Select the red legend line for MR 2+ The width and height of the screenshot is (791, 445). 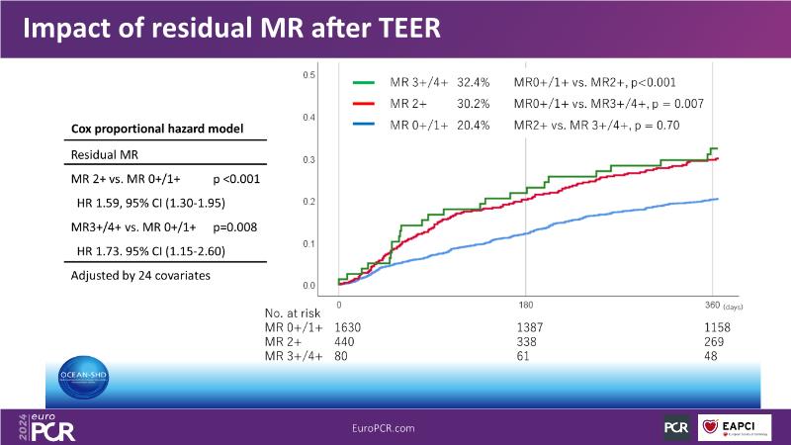[x=365, y=104]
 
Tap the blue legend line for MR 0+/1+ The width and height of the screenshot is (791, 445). [x=365, y=125]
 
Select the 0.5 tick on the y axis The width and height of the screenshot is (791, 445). [x=308, y=75]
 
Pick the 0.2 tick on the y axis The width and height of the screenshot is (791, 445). [x=308, y=202]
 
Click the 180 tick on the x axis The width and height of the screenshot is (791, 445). [x=525, y=305]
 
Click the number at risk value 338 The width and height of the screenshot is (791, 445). [x=530, y=340]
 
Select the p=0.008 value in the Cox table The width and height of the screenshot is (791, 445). [x=236, y=226]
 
